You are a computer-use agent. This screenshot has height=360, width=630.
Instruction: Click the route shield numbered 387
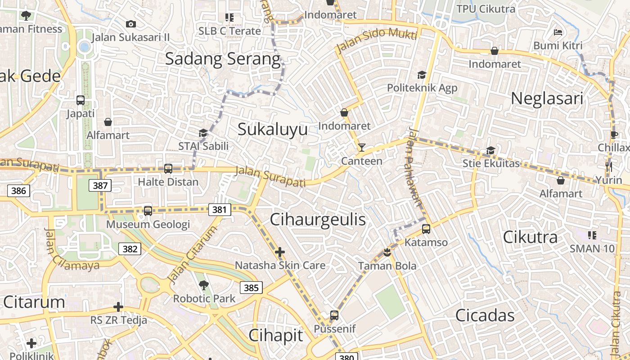point(100,185)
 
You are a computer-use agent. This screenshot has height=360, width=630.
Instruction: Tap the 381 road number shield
point(220,209)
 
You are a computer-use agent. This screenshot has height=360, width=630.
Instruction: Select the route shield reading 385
point(251,288)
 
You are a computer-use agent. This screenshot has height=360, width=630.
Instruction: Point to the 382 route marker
point(130,248)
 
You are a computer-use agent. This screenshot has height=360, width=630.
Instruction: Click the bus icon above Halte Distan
point(168,169)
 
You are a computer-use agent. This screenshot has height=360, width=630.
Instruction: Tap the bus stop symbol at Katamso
point(426,229)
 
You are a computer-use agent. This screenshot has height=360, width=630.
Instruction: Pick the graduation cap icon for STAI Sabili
point(203,133)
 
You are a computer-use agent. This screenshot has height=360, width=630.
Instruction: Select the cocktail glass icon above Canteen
point(361,148)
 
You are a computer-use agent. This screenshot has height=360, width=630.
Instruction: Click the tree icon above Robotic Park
point(204,285)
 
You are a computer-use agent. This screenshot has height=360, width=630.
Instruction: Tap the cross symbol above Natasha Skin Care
point(280,252)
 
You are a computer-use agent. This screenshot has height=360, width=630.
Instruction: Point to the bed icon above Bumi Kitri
point(558,32)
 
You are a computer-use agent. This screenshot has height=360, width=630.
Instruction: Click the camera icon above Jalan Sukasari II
point(131,24)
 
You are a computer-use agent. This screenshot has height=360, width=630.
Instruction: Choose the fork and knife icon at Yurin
point(609,167)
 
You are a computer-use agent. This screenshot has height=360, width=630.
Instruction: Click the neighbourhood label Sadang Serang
point(223,59)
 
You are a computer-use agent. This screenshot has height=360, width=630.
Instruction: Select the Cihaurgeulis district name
point(318,220)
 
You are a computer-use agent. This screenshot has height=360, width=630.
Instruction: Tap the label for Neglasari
point(547,99)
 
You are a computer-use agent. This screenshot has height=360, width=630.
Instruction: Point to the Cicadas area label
point(485,315)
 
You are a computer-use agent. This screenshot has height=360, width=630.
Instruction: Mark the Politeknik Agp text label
point(422,88)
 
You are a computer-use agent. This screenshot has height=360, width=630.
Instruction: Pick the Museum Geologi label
point(148,224)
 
